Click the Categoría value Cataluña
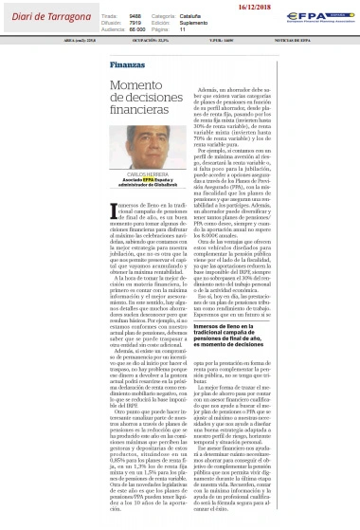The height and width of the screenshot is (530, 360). click(197, 16)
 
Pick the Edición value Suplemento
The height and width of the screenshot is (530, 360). click(200, 23)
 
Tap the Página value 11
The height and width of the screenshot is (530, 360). click(184, 30)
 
